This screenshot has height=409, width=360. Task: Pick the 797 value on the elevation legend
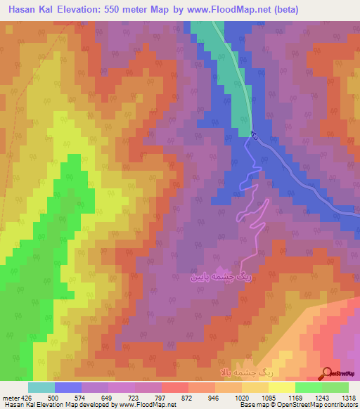tap(159, 397)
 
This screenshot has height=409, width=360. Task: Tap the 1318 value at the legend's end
tap(349, 397)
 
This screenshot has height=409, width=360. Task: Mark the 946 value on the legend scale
tap(212, 397)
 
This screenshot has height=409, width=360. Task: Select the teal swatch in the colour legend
tap(41, 387)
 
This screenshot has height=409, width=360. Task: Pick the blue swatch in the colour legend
tap(67, 387)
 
